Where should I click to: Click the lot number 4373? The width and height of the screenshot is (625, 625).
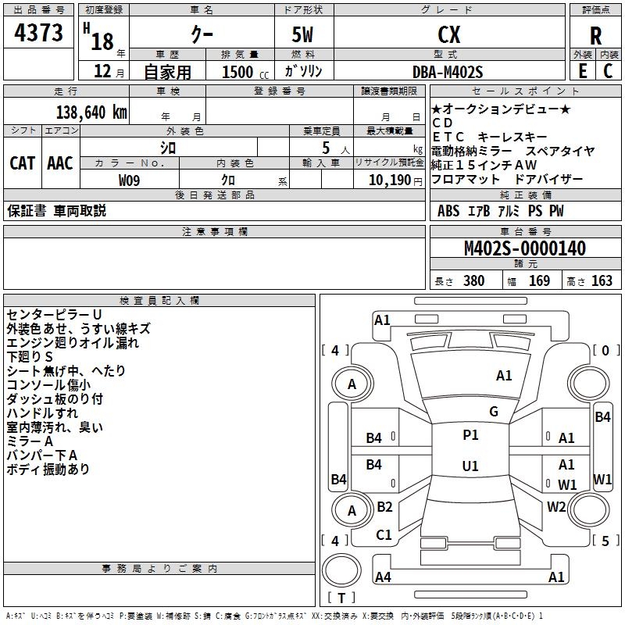39,34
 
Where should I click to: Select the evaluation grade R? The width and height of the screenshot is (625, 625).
596,36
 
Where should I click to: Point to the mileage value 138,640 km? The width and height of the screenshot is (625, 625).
91,112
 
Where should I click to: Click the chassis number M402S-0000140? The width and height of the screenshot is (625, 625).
524,248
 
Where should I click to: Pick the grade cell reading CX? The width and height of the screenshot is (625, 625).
448,35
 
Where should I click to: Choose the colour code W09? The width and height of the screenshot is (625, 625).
130,180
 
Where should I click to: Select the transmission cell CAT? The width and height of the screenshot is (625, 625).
22,162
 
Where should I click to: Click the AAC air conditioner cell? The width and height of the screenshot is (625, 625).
60,162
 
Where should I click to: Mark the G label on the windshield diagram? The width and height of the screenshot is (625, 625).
493,412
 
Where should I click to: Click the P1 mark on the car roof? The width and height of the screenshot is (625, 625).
470,435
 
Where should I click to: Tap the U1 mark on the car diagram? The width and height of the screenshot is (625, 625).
470,466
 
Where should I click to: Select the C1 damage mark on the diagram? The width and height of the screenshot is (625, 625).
384,535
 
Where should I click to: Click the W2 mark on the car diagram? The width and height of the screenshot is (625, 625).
556,507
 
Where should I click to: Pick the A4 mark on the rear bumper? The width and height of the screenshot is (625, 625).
383,577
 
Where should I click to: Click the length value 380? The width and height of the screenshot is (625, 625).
473,280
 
